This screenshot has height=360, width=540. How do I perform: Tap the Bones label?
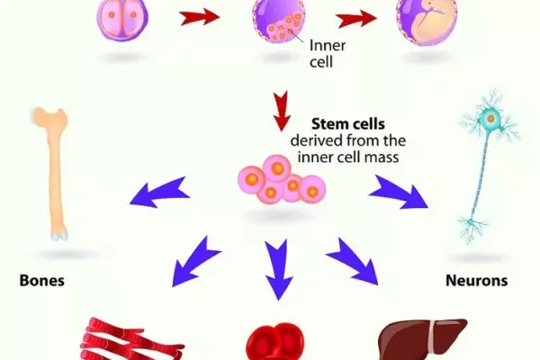pos(42,281)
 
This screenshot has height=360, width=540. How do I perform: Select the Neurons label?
pos(476,281)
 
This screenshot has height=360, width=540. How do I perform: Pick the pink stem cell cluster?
pos(280,179)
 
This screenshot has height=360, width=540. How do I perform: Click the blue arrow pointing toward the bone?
pos(162,191)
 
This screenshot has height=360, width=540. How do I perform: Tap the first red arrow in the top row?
pos(201,18)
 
